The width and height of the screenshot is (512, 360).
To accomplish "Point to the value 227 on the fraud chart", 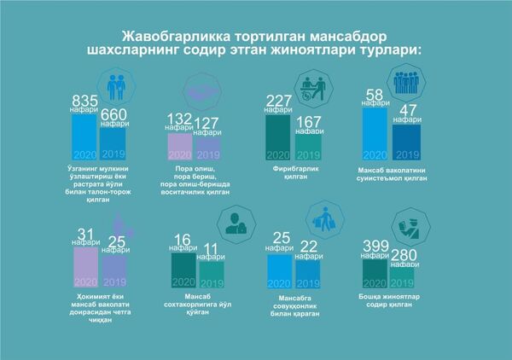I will coord(278,100).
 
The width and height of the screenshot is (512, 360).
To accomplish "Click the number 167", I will coord(307,120).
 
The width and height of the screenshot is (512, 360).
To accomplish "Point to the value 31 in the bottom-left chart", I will coord(85,235).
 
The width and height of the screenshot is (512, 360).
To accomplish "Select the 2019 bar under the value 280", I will coord(405,275).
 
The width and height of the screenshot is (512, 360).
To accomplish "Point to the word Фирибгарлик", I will coord(293,170).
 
